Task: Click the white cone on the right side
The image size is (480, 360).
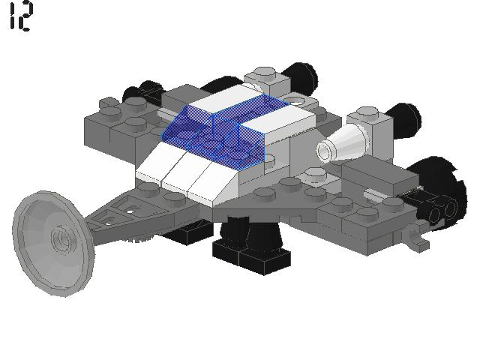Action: pos(341,144)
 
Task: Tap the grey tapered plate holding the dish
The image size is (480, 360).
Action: pos(124,214)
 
